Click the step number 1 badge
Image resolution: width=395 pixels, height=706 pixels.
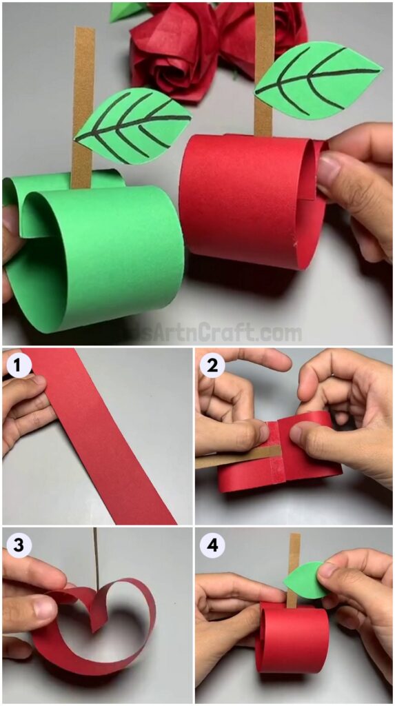pos(19,365)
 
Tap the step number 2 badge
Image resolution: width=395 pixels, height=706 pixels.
pos(212,365)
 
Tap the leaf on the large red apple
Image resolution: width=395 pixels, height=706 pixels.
pos(317,79)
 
